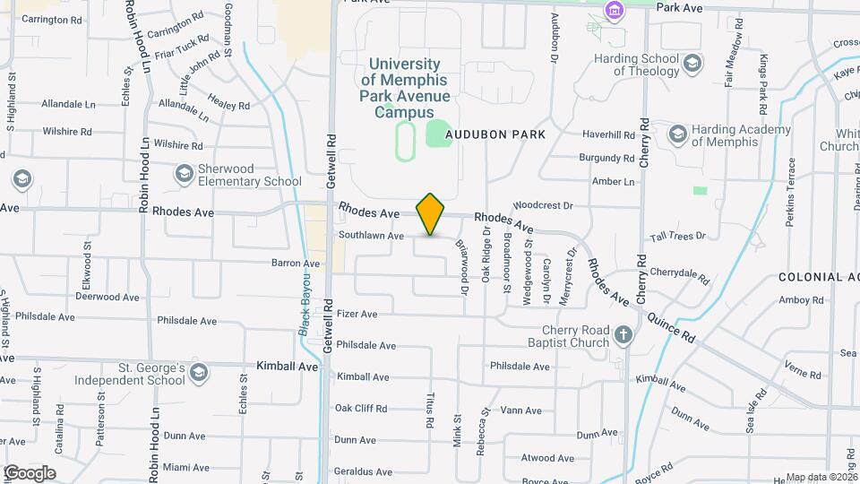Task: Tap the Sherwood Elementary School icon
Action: click(184, 173)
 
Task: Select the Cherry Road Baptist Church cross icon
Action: click(623, 336)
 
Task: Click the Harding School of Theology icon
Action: click(692, 63)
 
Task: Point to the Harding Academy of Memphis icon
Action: click(677, 134)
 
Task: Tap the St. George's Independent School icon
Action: click(198, 372)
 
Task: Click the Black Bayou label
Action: click(305, 306)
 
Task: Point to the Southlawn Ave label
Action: click(371, 236)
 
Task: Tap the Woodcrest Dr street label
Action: click(542, 205)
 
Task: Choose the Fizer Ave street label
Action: click(357, 315)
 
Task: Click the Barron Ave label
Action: click(296, 264)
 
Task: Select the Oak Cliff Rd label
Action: click(361, 409)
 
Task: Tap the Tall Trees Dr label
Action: click(678, 236)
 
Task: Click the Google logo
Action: click(30, 472)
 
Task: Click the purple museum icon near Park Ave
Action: click(614, 11)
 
